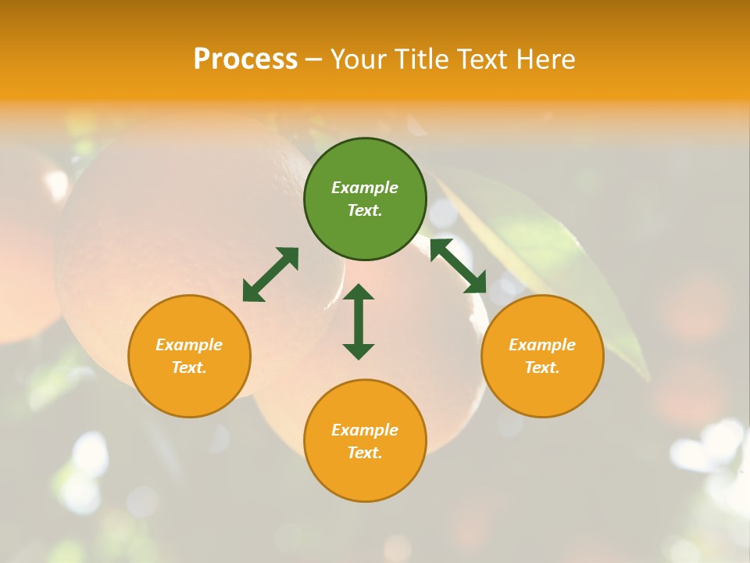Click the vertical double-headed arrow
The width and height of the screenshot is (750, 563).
tap(359, 321)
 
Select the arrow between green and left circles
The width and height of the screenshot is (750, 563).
tap(270, 274)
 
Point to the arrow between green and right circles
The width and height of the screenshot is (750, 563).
tap(458, 266)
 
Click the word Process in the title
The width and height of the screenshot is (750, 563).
tap(245, 59)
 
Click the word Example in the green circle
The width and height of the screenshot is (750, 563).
tap(365, 188)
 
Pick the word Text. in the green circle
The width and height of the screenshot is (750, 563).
tap(365, 210)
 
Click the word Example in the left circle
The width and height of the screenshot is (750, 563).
tap(189, 345)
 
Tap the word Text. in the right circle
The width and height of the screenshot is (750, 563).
tap(542, 368)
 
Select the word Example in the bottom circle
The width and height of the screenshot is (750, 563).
tap(365, 430)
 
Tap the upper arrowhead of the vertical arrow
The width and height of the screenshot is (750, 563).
tap(359, 292)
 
